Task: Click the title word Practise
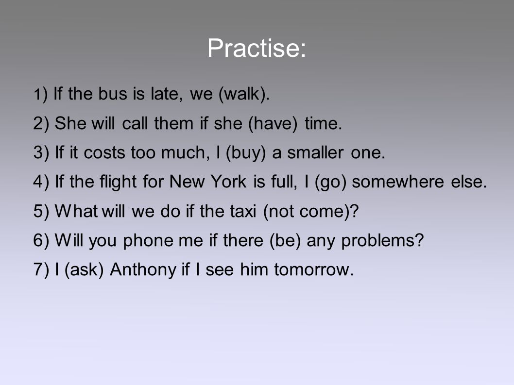pos(257,48)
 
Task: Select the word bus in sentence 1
pos(112,94)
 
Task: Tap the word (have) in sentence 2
pos(273,123)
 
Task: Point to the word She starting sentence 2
pos(68,123)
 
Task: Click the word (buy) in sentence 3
pos(245,153)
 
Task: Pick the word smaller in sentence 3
pos(315,153)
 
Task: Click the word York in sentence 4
pos(228,182)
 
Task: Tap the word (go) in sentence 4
pos(330,182)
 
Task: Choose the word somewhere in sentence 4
pos(398,182)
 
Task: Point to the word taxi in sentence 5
pos(244,211)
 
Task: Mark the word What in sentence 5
pos(76,211)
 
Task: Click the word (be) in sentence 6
pos(285,240)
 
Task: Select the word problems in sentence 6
pos(382,240)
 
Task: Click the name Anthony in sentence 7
pos(143,269)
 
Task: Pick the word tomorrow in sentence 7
pos(314,269)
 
